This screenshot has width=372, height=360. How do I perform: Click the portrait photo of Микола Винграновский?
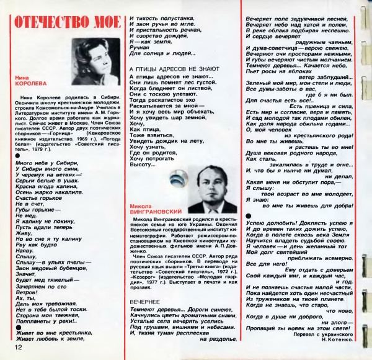point(207,186)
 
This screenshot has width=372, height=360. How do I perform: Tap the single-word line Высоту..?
point(141,164)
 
